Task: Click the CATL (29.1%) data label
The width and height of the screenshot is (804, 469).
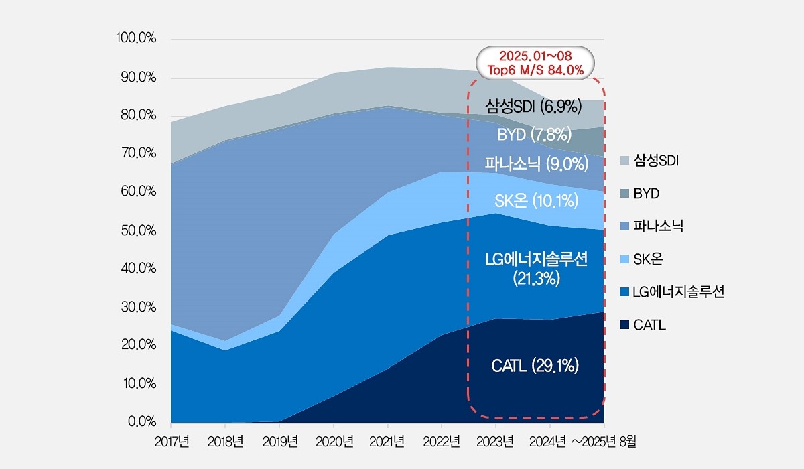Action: [535, 366]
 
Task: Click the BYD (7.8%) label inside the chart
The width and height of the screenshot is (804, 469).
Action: [533, 135]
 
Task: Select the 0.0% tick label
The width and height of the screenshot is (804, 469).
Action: [141, 422]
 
